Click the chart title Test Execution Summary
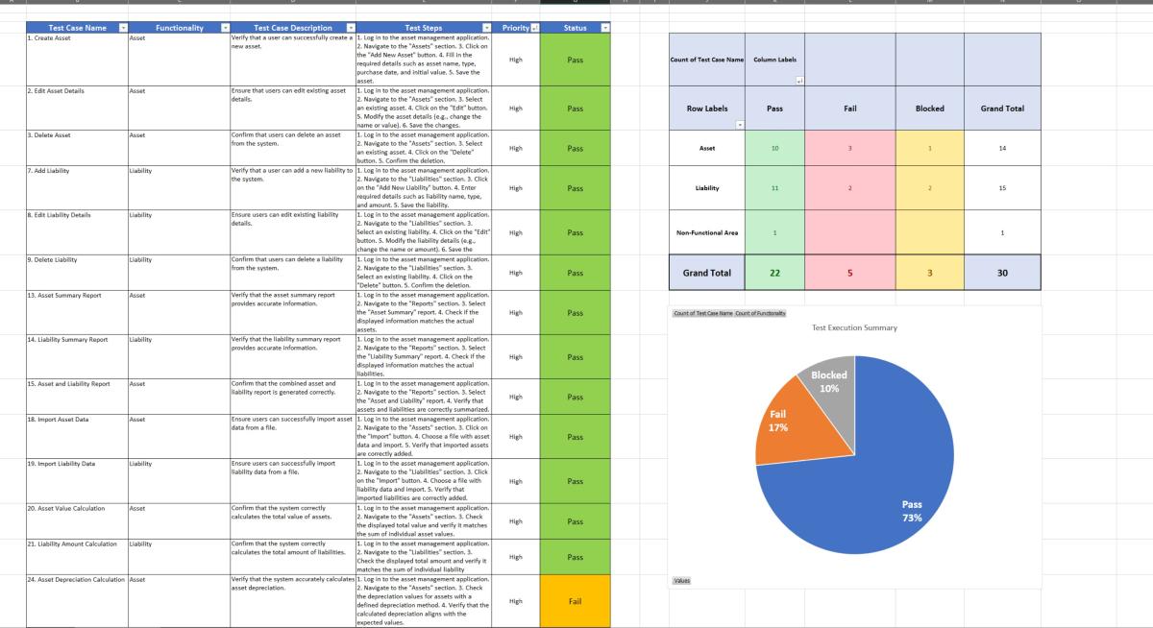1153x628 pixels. pyautogui.click(x=854, y=327)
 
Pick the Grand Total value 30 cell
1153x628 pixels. pyautogui.click(x=1001, y=273)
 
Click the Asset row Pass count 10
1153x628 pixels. pyautogui.click(x=773, y=149)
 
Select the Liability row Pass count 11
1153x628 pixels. pyautogui.click(x=773, y=188)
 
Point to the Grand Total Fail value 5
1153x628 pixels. pyautogui.click(x=849, y=273)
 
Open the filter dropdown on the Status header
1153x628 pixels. pyautogui.click(x=603, y=28)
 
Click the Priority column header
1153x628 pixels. pyautogui.click(x=516, y=28)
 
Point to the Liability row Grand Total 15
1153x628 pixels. pyautogui.click(x=1001, y=188)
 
